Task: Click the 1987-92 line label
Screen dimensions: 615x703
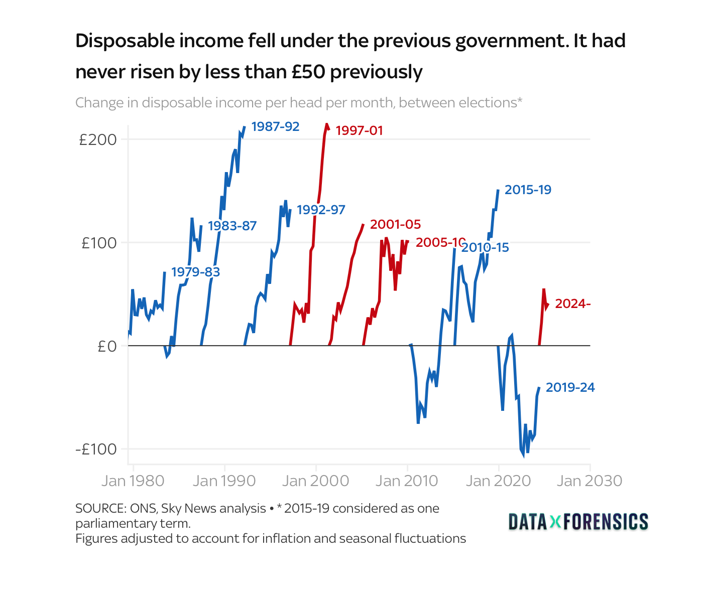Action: [275, 126]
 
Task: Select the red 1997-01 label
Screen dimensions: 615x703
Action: [359, 131]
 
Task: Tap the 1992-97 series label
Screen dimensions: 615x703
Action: [321, 210]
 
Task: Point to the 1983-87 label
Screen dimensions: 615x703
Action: [232, 226]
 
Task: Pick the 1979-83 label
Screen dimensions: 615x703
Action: [195, 272]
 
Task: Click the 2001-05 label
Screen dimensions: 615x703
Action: [395, 224]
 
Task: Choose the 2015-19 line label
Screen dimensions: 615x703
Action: [528, 190]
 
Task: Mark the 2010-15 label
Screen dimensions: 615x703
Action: [485, 247]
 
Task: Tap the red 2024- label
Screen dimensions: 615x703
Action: [572, 303]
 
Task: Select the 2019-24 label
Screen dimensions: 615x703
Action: [570, 387]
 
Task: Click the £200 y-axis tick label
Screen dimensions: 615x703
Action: [98, 139]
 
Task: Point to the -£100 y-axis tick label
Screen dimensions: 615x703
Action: [96, 449]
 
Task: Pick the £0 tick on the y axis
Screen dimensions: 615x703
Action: [107, 346]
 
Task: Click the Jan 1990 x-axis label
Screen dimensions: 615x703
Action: [224, 481]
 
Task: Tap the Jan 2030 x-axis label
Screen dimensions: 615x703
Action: [590, 481]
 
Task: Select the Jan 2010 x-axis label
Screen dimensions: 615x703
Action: [407, 481]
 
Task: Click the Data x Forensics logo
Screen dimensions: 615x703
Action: [578, 522]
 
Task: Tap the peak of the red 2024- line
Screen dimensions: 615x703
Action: [543, 289]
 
